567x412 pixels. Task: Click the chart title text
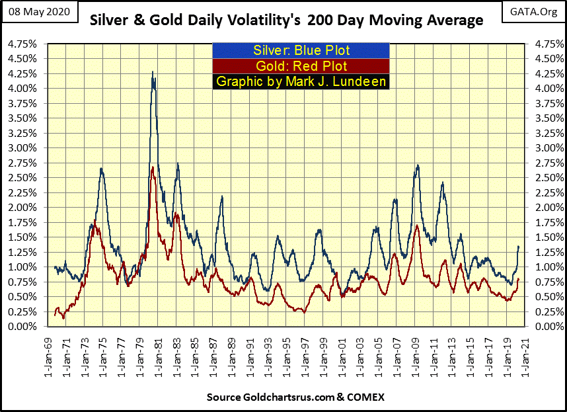click(x=286, y=21)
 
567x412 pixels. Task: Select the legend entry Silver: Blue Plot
click(x=301, y=50)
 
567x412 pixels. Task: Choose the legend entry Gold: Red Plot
click(x=301, y=66)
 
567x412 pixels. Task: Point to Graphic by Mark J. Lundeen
click(x=301, y=82)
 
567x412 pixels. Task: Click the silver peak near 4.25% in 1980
click(x=153, y=72)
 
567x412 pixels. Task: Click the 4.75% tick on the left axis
click(x=22, y=45)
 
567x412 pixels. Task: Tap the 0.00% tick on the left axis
click(x=22, y=327)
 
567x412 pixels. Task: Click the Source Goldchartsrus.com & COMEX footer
click(x=286, y=397)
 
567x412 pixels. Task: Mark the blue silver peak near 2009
click(x=418, y=165)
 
